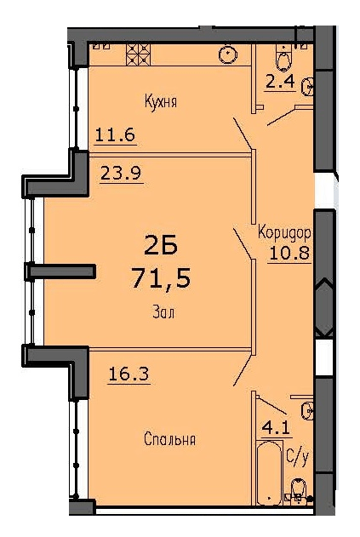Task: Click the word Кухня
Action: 161,102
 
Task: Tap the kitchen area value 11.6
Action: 115,134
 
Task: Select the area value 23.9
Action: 121,173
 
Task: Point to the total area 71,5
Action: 161,277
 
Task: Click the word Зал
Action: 163,312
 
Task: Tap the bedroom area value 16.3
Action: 129,373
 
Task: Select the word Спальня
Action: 169,439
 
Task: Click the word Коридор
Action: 284,233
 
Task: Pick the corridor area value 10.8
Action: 289,254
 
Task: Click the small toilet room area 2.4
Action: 280,82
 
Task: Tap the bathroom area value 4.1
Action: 277,428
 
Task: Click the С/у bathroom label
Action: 298,456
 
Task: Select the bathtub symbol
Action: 269,473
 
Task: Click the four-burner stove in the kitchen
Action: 139,54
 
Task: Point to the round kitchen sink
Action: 228,54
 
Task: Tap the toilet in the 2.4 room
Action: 283,58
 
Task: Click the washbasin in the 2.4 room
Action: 307,86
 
